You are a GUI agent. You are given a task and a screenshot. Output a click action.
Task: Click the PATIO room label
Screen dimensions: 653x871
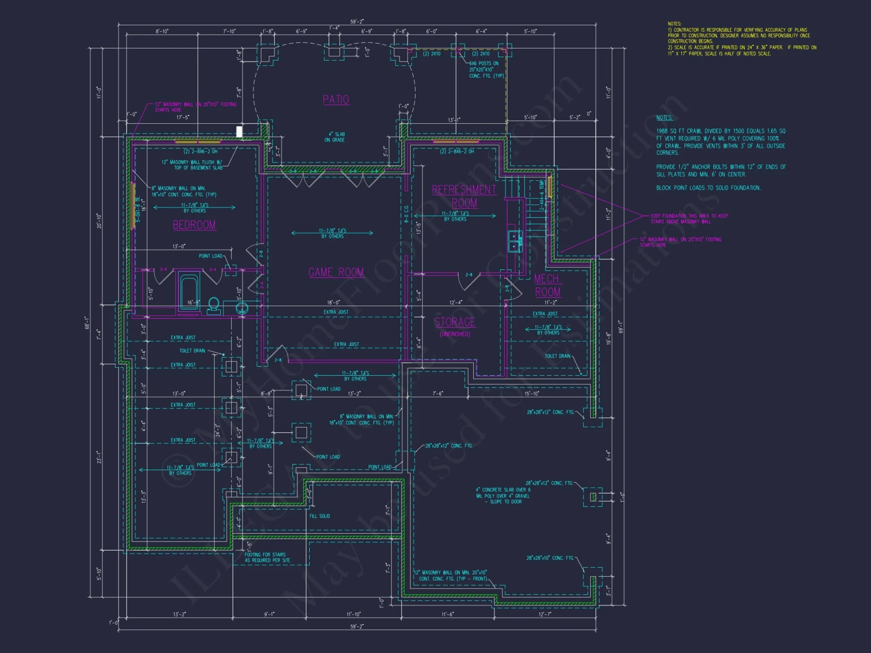coord(336,100)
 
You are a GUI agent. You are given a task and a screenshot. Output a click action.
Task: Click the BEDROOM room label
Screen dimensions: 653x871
coord(194,225)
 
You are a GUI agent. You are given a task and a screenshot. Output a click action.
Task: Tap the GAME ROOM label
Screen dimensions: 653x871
coord(336,273)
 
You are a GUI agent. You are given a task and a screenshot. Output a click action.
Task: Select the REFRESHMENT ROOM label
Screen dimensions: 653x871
coord(464,196)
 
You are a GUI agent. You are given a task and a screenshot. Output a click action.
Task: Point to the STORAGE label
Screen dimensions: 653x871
coord(455,322)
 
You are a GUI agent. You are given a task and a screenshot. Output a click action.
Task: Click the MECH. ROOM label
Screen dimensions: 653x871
coord(547,286)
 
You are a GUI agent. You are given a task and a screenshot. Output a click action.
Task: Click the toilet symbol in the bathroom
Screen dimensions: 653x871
coord(213,305)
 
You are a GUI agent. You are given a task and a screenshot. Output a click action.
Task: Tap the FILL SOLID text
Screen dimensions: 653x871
coord(320,516)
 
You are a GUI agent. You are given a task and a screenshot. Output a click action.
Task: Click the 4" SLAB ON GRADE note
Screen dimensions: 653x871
coord(334,137)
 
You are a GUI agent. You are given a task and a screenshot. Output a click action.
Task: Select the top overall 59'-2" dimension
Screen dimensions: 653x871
coord(357,22)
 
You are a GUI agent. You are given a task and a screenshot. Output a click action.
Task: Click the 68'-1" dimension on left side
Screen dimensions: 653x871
coord(87,323)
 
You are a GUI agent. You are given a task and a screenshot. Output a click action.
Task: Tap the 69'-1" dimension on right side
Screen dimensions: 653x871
coord(621,326)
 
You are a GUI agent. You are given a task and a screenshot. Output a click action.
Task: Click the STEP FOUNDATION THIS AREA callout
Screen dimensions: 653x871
coord(689,219)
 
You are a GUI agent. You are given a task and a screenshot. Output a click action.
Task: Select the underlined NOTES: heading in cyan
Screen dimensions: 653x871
coord(664,118)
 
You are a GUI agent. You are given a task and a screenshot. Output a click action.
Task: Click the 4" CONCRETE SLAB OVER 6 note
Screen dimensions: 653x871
coord(503,495)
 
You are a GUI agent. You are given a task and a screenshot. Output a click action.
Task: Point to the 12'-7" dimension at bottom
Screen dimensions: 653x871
coord(545,614)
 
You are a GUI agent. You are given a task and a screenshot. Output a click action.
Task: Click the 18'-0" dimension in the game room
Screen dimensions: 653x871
coord(334,303)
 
